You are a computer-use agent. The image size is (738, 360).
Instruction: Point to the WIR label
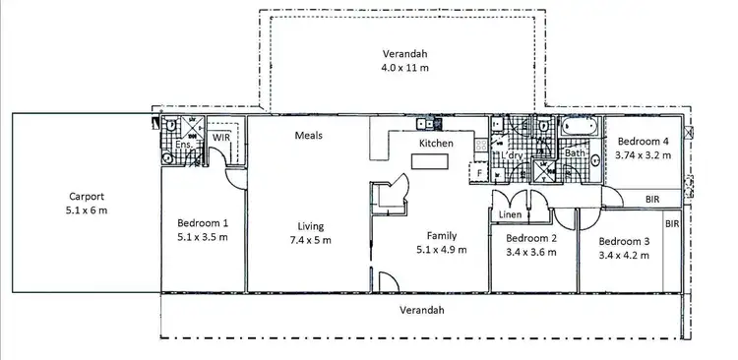point(221,138)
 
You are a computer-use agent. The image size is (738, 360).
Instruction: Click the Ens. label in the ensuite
point(182,146)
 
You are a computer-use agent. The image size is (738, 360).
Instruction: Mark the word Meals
point(308,135)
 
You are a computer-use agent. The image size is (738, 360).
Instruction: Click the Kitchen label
point(436,144)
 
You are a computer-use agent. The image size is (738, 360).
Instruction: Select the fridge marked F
point(479,173)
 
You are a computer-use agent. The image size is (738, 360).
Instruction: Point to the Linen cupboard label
point(510,215)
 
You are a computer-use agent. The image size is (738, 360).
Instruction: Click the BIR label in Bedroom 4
point(652,199)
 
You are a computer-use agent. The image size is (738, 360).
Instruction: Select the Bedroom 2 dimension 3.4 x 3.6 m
point(530,252)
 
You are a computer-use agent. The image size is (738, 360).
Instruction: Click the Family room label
point(440,235)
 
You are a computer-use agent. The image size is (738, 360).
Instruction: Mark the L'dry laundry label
point(512,156)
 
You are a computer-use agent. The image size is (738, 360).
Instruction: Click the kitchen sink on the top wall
point(424,124)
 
